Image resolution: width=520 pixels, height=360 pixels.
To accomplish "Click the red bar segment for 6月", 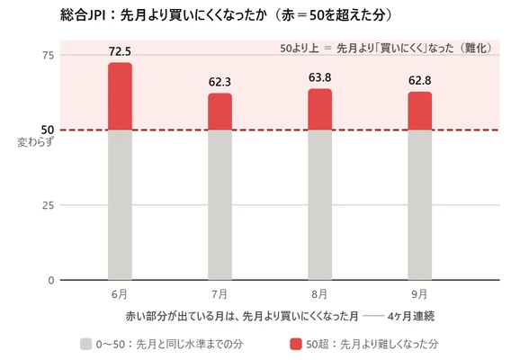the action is click(120, 96).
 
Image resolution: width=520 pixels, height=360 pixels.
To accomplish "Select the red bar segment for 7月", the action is click(220, 112).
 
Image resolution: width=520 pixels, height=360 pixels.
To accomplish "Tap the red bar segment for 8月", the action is click(319, 109).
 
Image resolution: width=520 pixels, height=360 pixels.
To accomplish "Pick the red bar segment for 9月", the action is click(420, 111).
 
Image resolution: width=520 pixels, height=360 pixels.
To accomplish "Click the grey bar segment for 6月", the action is click(120, 205).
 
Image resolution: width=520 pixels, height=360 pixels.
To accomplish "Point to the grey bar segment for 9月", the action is click(420, 205).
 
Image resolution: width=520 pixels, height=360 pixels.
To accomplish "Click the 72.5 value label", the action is click(120, 51).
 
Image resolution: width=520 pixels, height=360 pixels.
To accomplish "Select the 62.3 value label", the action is click(220, 82).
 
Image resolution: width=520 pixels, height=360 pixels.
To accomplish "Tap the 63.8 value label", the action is click(319, 77).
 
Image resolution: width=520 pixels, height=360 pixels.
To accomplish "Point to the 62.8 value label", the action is click(420, 81).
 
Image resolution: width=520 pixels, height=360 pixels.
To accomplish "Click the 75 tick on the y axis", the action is click(48, 56).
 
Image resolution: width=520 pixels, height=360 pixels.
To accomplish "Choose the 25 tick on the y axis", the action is click(48, 205).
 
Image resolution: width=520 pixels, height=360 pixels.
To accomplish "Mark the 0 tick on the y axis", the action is click(51, 281).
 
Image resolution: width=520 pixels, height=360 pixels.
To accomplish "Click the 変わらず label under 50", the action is click(35, 143).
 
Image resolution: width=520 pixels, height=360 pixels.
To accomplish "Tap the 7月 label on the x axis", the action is click(220, 294).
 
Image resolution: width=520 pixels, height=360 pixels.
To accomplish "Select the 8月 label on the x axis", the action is click(319, 294).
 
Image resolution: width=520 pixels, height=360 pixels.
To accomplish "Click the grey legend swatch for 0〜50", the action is click(85, 344).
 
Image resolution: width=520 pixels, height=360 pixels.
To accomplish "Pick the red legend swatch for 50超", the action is click(296, 344).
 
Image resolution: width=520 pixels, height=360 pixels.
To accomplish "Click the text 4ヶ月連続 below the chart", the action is click(411, 316).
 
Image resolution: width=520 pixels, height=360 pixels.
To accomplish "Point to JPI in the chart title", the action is click(96, 15).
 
